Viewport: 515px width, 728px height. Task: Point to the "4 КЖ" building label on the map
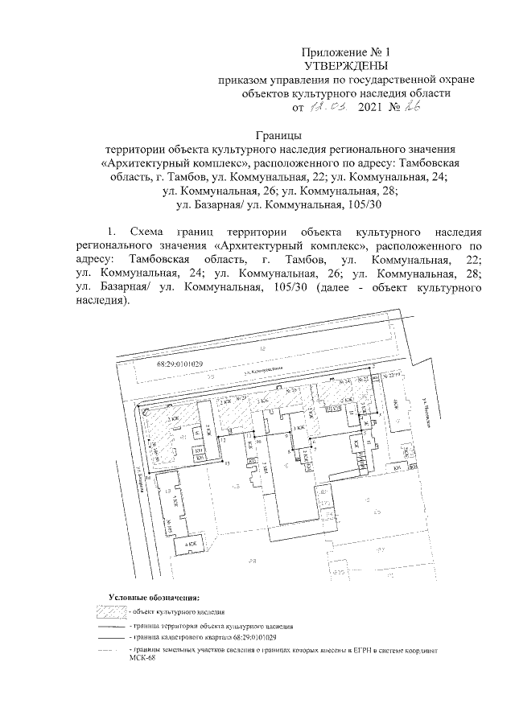191,545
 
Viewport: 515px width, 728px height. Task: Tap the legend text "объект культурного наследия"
170,612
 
